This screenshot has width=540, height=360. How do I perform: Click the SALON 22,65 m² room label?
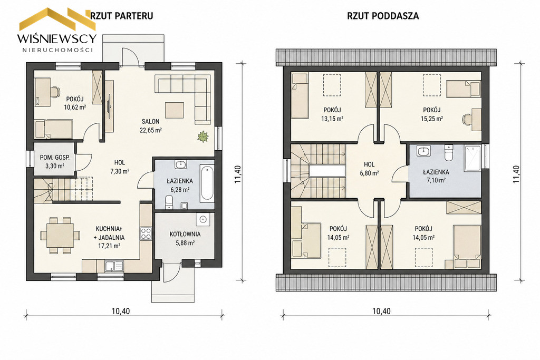coord(151,125)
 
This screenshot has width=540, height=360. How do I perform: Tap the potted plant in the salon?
coord(203,137)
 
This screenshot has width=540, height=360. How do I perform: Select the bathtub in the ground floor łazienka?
coord(207,183)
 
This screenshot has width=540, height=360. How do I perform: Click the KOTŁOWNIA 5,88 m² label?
coord(185,238)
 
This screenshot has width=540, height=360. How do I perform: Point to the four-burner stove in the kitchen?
coord(146,233)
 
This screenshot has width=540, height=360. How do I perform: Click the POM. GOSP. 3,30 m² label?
coord(55,162)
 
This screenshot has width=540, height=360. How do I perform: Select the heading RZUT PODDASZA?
coord(383,16)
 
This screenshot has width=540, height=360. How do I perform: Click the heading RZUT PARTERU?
coord(122,16)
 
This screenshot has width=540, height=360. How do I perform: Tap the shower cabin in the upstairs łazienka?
coord(472,158)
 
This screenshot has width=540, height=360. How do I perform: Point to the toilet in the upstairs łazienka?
coord(448,153)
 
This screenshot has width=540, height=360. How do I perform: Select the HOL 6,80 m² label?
coord(369,169)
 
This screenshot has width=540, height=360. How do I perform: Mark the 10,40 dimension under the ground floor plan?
coord(121,311)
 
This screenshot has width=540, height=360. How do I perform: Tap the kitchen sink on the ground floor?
coord(113,266)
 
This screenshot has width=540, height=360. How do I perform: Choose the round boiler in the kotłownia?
coord(202,219)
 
